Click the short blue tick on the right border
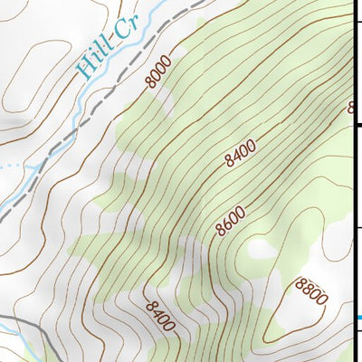[359, 317]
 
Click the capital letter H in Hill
[85, 71]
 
